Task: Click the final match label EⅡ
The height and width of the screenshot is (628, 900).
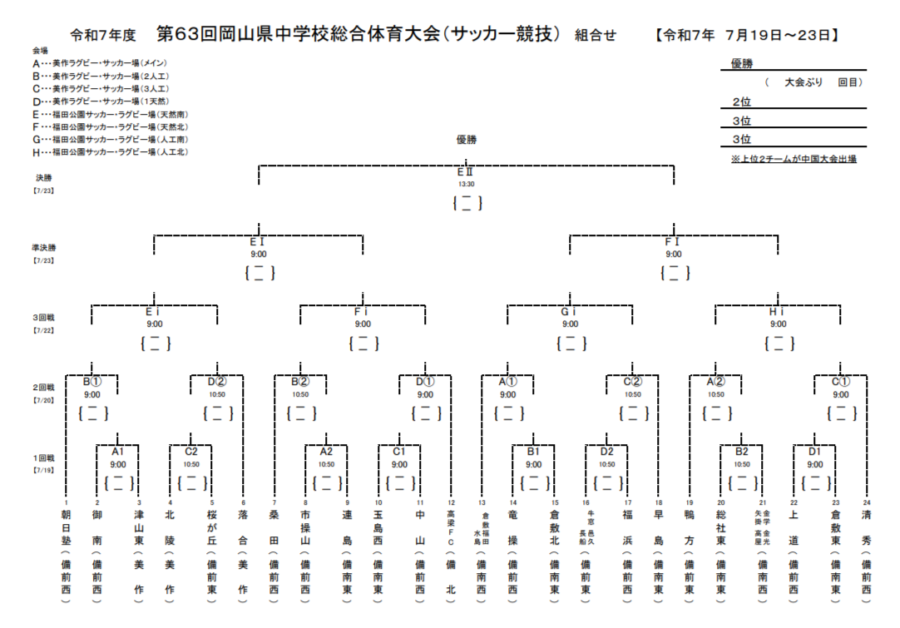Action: [466, 172]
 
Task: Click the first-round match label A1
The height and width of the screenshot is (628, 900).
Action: [118, 452]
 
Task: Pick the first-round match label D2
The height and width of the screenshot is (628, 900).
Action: [607, 452]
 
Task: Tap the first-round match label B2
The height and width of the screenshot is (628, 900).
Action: [742, 452]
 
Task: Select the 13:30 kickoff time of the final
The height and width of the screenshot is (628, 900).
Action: [466, 184]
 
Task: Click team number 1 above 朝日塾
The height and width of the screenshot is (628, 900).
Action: [66, 502]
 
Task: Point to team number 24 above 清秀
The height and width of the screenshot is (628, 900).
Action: [867, 502]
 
